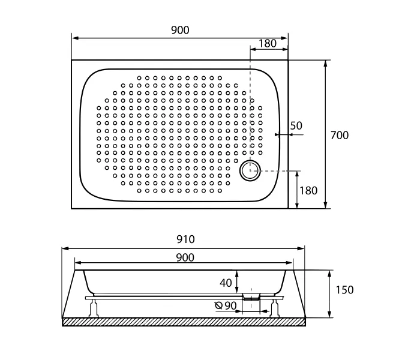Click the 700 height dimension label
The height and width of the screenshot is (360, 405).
(340, 135)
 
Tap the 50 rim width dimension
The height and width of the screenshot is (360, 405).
(296, 126)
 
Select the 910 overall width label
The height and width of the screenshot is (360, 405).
(186, 239)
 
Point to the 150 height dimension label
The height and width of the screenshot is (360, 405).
(344, 290)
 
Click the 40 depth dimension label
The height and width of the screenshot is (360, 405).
(226, 283)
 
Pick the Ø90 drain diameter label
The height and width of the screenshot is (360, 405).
(226, 306)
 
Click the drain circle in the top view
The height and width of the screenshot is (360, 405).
(250, 170)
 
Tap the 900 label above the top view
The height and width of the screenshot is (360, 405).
(180, 30)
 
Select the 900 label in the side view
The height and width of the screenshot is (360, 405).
(185, 257)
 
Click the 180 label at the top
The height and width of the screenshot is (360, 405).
(268, 43)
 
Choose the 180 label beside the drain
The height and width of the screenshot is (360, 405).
(308, 191)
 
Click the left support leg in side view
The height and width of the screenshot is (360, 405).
(94, 308)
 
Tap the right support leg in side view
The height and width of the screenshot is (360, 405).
(275, 308)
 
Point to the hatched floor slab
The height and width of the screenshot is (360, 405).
(184, 322)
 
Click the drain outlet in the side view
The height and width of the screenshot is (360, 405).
(251, 296)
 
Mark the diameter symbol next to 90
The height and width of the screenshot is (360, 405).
(218, 306)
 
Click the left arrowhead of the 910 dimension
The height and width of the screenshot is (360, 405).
(65, 248)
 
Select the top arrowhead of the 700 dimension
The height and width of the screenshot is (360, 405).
(326, 64)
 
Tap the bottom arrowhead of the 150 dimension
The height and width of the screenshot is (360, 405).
(329, 314)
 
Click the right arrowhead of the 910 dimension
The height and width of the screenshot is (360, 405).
(301, 248)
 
